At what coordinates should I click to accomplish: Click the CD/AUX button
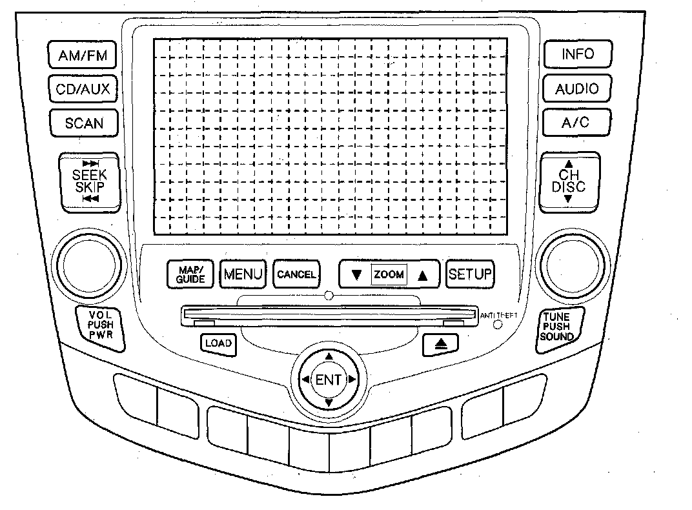(83, 90)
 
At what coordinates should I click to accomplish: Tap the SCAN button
(83, 123)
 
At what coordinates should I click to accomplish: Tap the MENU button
(243, 275)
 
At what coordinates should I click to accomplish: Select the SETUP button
(470, 274)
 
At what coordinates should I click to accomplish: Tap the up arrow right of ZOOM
(423, 275)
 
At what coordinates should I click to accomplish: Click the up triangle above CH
(569, 164)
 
